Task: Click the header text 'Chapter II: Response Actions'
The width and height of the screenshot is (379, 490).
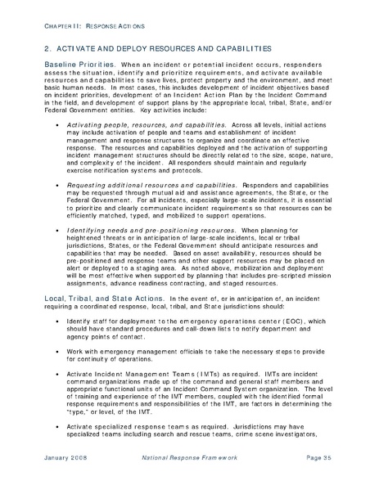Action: pos(83,27)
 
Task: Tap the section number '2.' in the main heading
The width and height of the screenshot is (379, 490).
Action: pos(48,50)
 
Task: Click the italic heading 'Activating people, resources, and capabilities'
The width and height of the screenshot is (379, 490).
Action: pos(147,125)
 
